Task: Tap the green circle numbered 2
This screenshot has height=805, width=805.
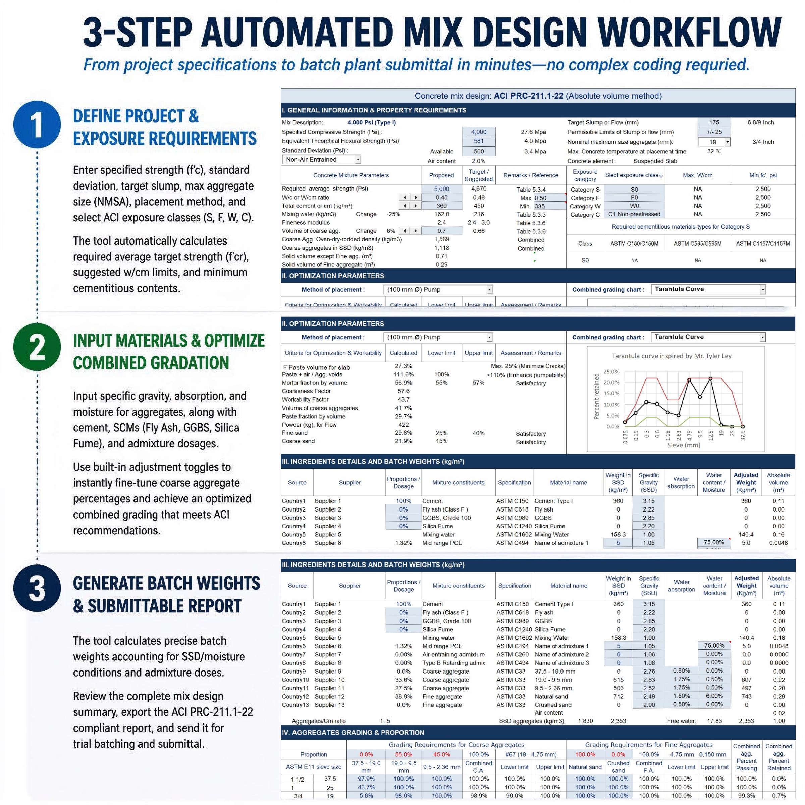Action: click(37, 347)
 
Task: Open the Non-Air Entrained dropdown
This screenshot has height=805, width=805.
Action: click(321, 160)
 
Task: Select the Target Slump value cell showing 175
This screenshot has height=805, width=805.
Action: click(714, 122)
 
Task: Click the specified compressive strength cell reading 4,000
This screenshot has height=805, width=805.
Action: click(479, 132)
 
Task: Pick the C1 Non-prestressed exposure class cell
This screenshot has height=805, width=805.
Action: click(634, 214)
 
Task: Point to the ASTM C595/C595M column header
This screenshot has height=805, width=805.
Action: click(698, 243)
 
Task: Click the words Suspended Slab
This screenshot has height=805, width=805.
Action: click(655, 161)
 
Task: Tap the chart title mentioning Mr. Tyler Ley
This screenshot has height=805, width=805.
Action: click(672, 356)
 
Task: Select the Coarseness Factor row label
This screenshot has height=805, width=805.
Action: click(306, 391)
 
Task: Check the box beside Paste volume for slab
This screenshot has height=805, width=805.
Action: click(285, 367)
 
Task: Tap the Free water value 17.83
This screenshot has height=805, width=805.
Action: click(714, 721)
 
